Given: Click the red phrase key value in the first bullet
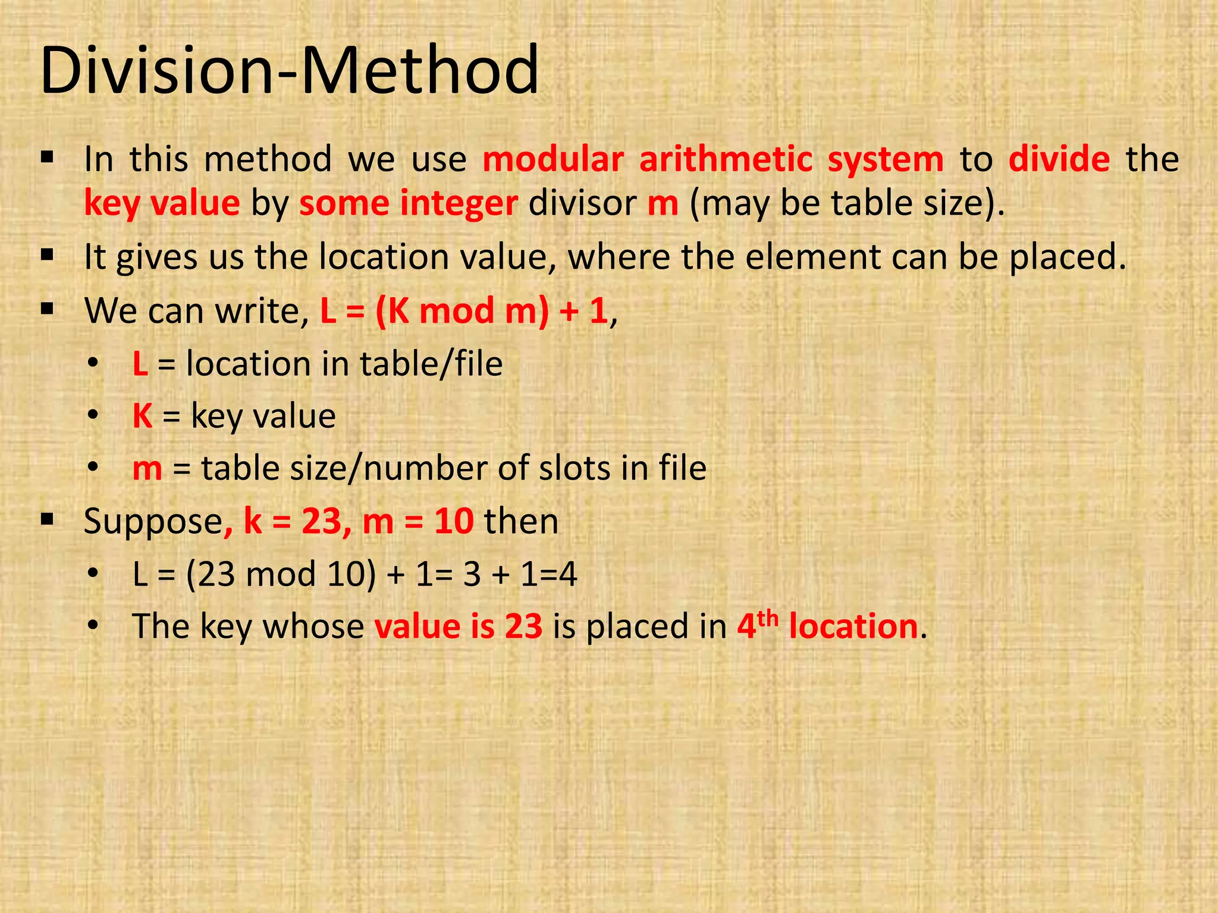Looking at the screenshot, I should coord(162,203).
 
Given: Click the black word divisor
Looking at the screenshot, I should coord(582,203).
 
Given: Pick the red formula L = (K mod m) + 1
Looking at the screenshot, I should coord(464,310).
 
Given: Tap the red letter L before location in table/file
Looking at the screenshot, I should coord(140,364).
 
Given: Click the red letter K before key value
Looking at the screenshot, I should coord(143,416).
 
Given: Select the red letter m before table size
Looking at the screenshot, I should coord(147,468).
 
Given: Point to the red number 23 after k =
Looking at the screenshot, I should coord(322,521).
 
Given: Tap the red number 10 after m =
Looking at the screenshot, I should coord(454,521).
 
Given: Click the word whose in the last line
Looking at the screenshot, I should coord(313,626).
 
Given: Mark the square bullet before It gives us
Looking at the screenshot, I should coord(48,256).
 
